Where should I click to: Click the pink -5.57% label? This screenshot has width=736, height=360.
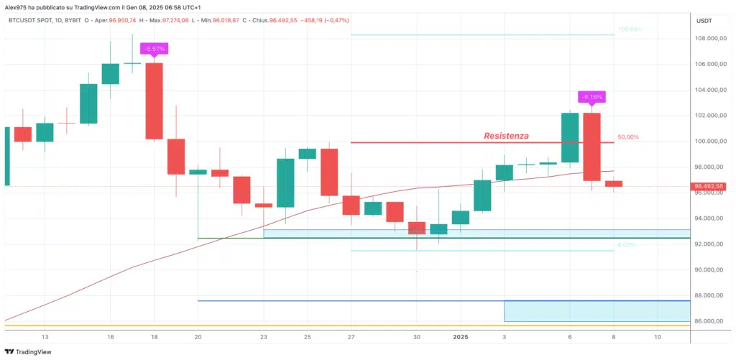click(155, 49)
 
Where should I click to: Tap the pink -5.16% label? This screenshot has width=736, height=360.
click(592, 96)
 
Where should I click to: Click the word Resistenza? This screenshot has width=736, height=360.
click(506, 135)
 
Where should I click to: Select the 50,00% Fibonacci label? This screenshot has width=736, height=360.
click(627, 137)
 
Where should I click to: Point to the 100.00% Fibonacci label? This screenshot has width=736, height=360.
click(630, 29)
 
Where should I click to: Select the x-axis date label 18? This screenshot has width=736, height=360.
click(155, 336)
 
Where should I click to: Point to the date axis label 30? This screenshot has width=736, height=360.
click(417, 336)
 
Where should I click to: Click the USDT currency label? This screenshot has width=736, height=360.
click(704, 21)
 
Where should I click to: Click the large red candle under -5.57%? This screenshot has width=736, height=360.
click(155, 101)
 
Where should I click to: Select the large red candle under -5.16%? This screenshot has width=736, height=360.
click(592, 147)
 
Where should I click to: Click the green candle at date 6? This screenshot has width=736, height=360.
click(570, 137)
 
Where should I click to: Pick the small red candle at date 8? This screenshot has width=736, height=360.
click(614, 184)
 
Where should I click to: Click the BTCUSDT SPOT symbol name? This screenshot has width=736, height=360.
click(31, 21)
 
